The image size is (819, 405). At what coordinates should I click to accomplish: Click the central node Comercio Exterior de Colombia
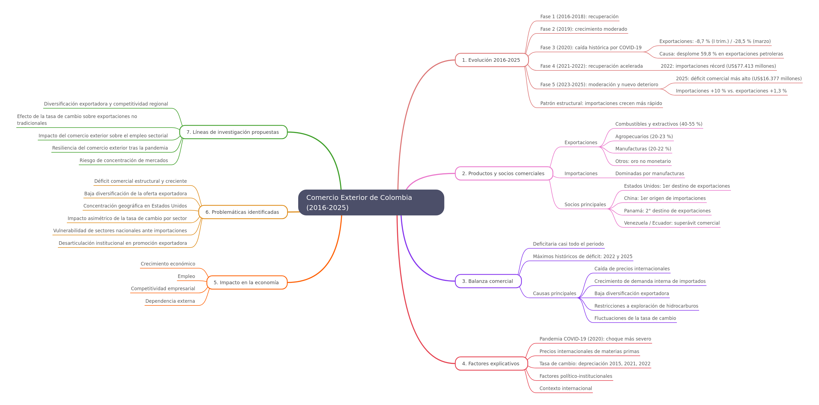[x=371, y=202]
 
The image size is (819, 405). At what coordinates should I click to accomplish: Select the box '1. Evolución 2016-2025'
[x=491, y=60]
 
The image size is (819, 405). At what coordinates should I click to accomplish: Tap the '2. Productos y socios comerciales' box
[x=504, y=173]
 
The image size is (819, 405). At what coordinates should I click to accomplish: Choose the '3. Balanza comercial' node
[x=488, y=281]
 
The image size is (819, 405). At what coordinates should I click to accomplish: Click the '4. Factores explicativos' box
[x=491, y=363]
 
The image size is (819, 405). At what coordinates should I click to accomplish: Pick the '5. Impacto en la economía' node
[x=247, y=283]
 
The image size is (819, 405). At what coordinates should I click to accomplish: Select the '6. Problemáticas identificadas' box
[x=243, y=212]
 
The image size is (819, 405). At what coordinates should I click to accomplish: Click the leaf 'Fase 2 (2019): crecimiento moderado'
[x=584, y=29]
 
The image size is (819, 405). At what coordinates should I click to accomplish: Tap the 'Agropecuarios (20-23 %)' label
[x=644, y=137]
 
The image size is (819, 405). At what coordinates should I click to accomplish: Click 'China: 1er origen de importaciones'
[x=665, y=198]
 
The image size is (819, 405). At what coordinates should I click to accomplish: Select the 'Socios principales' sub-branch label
[x=585, y=205]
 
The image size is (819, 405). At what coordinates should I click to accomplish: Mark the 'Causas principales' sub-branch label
[x=555, y=293]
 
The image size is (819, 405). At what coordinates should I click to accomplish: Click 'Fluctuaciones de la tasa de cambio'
[x=635, y=318]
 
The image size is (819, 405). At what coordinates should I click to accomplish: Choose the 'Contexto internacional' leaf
[x=566, y=388]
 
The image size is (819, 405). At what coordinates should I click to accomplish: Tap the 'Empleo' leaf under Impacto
[x=186, y=276]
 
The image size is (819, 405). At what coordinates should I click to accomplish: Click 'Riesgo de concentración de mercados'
[x=124, y=160]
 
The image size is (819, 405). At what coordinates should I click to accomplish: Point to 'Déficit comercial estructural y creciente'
[x=141, y=181]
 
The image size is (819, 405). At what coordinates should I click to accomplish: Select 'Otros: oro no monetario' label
[x=643, y=161]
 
